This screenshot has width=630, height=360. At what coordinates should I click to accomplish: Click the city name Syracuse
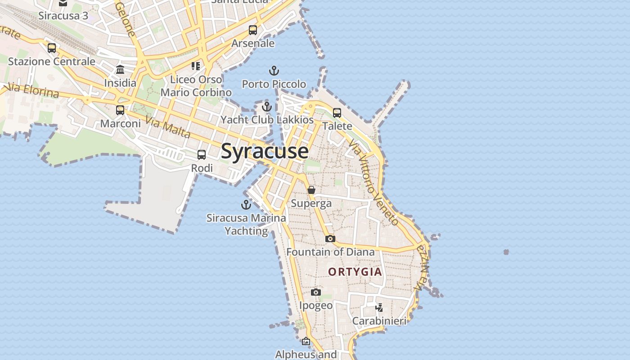coord(265,151)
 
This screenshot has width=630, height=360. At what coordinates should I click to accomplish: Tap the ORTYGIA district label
coord(355,272)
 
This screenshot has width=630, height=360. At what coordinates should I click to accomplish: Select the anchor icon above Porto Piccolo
coord(274,71)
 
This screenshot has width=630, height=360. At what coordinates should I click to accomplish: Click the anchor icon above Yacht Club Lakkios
coord(267,107)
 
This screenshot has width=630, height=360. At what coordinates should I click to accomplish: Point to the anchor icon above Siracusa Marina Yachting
coord(246,205)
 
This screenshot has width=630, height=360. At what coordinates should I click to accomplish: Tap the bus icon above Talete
coord(337,112)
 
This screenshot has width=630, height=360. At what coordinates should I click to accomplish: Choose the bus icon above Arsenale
coord(253,30)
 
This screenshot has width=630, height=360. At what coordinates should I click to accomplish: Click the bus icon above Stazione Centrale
coord(52,48)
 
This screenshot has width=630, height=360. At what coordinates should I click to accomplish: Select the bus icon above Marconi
coord(120,110)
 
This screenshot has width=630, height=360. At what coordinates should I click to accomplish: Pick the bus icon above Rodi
coord(202,155)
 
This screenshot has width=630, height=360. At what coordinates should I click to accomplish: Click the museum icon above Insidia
coord(120,70)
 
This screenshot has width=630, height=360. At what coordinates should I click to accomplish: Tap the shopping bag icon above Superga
coord(311,190)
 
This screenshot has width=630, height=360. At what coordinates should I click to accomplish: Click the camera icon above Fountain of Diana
coord(330,238)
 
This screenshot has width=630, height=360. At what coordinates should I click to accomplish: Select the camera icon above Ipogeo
coord(316,292)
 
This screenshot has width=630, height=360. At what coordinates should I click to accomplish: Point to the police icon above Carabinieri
coord(379,308)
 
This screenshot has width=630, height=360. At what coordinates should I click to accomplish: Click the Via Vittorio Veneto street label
coord(373,182)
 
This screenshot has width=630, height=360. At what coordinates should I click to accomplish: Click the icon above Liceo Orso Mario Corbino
coord(196,66)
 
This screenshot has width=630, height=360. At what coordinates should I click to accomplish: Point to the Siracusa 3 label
coord(63,16)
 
